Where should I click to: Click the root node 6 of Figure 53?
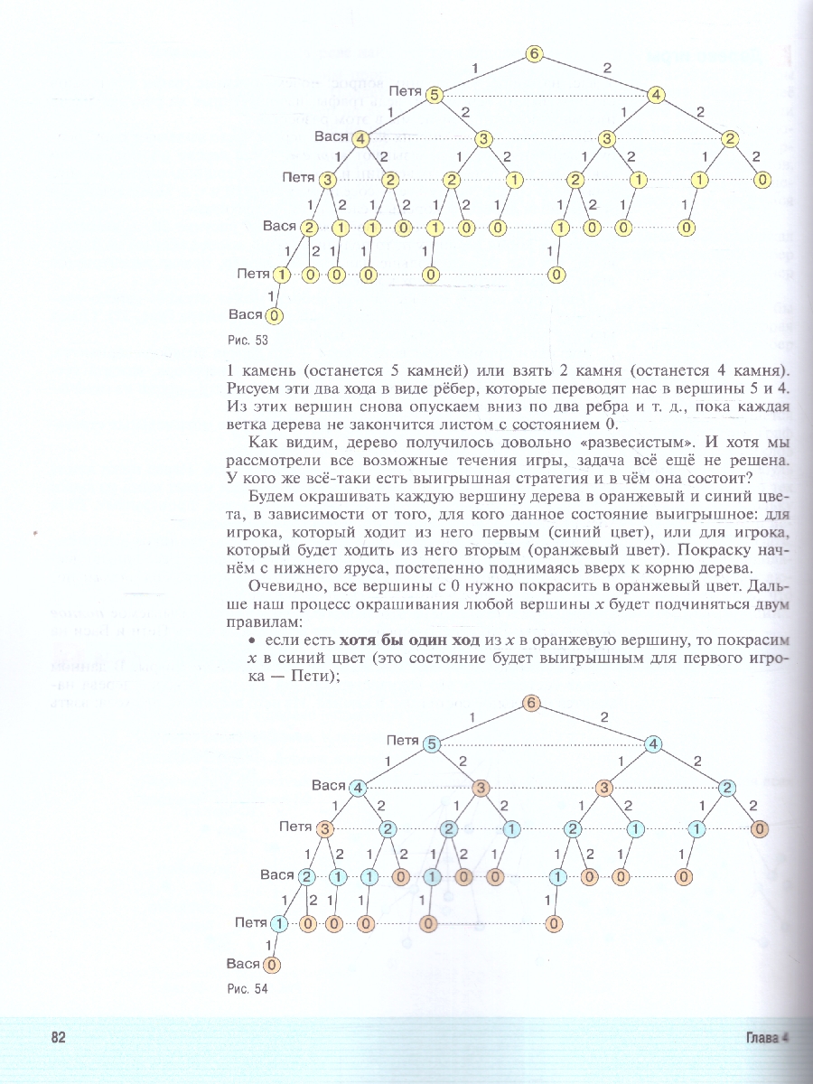(534, 54)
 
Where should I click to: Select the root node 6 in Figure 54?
(531, 704)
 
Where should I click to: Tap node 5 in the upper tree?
(435, 95)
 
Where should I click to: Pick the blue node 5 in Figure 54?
(433, 744)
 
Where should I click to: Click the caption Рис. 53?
(250, 341)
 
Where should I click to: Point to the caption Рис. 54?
(248, 988)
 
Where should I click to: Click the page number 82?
(60, 1038)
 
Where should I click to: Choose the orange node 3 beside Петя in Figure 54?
(326, 828)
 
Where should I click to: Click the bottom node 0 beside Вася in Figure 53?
(275, 315)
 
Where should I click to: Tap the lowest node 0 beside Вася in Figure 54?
(273, 965)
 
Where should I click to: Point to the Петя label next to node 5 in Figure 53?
(406, 91)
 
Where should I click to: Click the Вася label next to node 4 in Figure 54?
(329, 785)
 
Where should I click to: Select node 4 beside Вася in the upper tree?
(360, 138)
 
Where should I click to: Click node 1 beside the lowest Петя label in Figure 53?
(283, 274)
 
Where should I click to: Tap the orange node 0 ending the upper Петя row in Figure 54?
(761, 828)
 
